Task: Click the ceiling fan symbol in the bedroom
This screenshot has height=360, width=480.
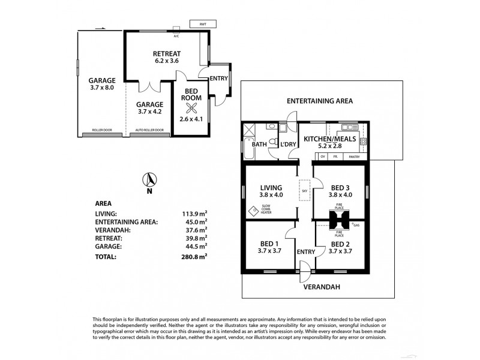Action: click(192, 108)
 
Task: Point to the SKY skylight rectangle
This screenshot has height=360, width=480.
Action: click(304, 190)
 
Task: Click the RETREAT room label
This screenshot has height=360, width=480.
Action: click(167, 53)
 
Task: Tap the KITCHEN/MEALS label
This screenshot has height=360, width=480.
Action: click(330, 139)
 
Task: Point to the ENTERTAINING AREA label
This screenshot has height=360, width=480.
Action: click(319, 101)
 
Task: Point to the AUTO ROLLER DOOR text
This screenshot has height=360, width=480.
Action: click(150, 130)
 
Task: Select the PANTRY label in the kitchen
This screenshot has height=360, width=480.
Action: click(354, 157)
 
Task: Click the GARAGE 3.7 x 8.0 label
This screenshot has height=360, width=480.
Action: click(101, 83)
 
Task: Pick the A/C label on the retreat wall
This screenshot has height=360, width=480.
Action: click(176, 34)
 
